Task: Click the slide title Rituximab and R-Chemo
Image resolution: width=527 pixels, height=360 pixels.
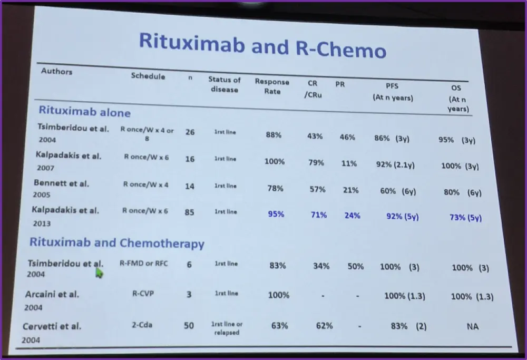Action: point(262,46)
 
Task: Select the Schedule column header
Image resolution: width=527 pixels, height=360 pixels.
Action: point(148,76)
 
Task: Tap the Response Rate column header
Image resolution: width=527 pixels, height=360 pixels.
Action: point(272,86)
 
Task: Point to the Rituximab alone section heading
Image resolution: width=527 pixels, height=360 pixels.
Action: point(84,112)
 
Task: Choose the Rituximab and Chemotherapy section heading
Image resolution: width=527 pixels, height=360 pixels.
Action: point(116,243)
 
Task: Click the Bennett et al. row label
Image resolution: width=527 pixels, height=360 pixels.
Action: point(61,183)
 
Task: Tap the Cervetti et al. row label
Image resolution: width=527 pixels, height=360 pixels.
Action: point(52,326)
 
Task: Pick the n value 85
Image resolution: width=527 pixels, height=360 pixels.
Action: point(190,212)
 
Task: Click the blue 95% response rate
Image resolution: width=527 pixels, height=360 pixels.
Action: point(276,215)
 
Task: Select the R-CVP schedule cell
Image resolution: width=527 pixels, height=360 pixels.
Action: point(143,294)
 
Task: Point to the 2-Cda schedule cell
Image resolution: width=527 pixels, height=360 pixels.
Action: point(143,325)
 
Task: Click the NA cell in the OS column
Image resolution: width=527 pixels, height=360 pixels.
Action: point(472,327)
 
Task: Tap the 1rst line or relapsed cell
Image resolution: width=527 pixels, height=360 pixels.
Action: point(227,328)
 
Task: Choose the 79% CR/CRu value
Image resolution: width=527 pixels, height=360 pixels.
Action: point(316,163)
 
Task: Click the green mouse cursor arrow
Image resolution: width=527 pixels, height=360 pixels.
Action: point(99,272)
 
